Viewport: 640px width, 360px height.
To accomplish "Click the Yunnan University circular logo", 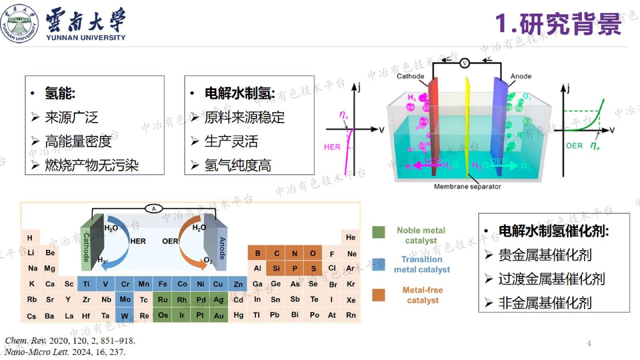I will [19, 24].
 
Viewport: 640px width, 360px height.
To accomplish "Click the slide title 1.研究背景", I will [558, 24].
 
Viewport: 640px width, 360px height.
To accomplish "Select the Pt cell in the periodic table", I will [200, 315].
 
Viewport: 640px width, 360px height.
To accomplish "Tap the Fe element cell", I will [162, 284].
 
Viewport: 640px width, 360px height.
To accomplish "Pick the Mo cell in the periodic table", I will [125, 299].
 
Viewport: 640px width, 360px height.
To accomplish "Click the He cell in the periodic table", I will [350, 238].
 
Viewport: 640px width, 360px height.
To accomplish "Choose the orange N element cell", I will [294, 253].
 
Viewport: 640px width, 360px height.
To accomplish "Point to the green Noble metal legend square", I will [378, 232].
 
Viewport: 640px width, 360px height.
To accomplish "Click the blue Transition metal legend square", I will [378, 264].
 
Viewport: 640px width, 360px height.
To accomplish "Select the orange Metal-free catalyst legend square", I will [378, 295].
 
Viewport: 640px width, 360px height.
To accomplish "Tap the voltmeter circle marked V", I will [464, 63].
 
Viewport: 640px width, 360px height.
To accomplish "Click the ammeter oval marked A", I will [154, 208].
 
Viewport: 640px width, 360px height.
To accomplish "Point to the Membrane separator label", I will [467, 186].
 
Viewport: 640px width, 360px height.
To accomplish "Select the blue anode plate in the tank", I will [499, 124].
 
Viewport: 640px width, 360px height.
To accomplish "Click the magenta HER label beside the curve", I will [332, 147].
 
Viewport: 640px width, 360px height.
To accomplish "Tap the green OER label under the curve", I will [574, 146].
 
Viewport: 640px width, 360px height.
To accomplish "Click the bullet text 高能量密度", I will [78, 141].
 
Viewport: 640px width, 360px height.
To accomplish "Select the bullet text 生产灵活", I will [231, 141].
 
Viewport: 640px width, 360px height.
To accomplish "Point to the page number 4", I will [589, 343].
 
